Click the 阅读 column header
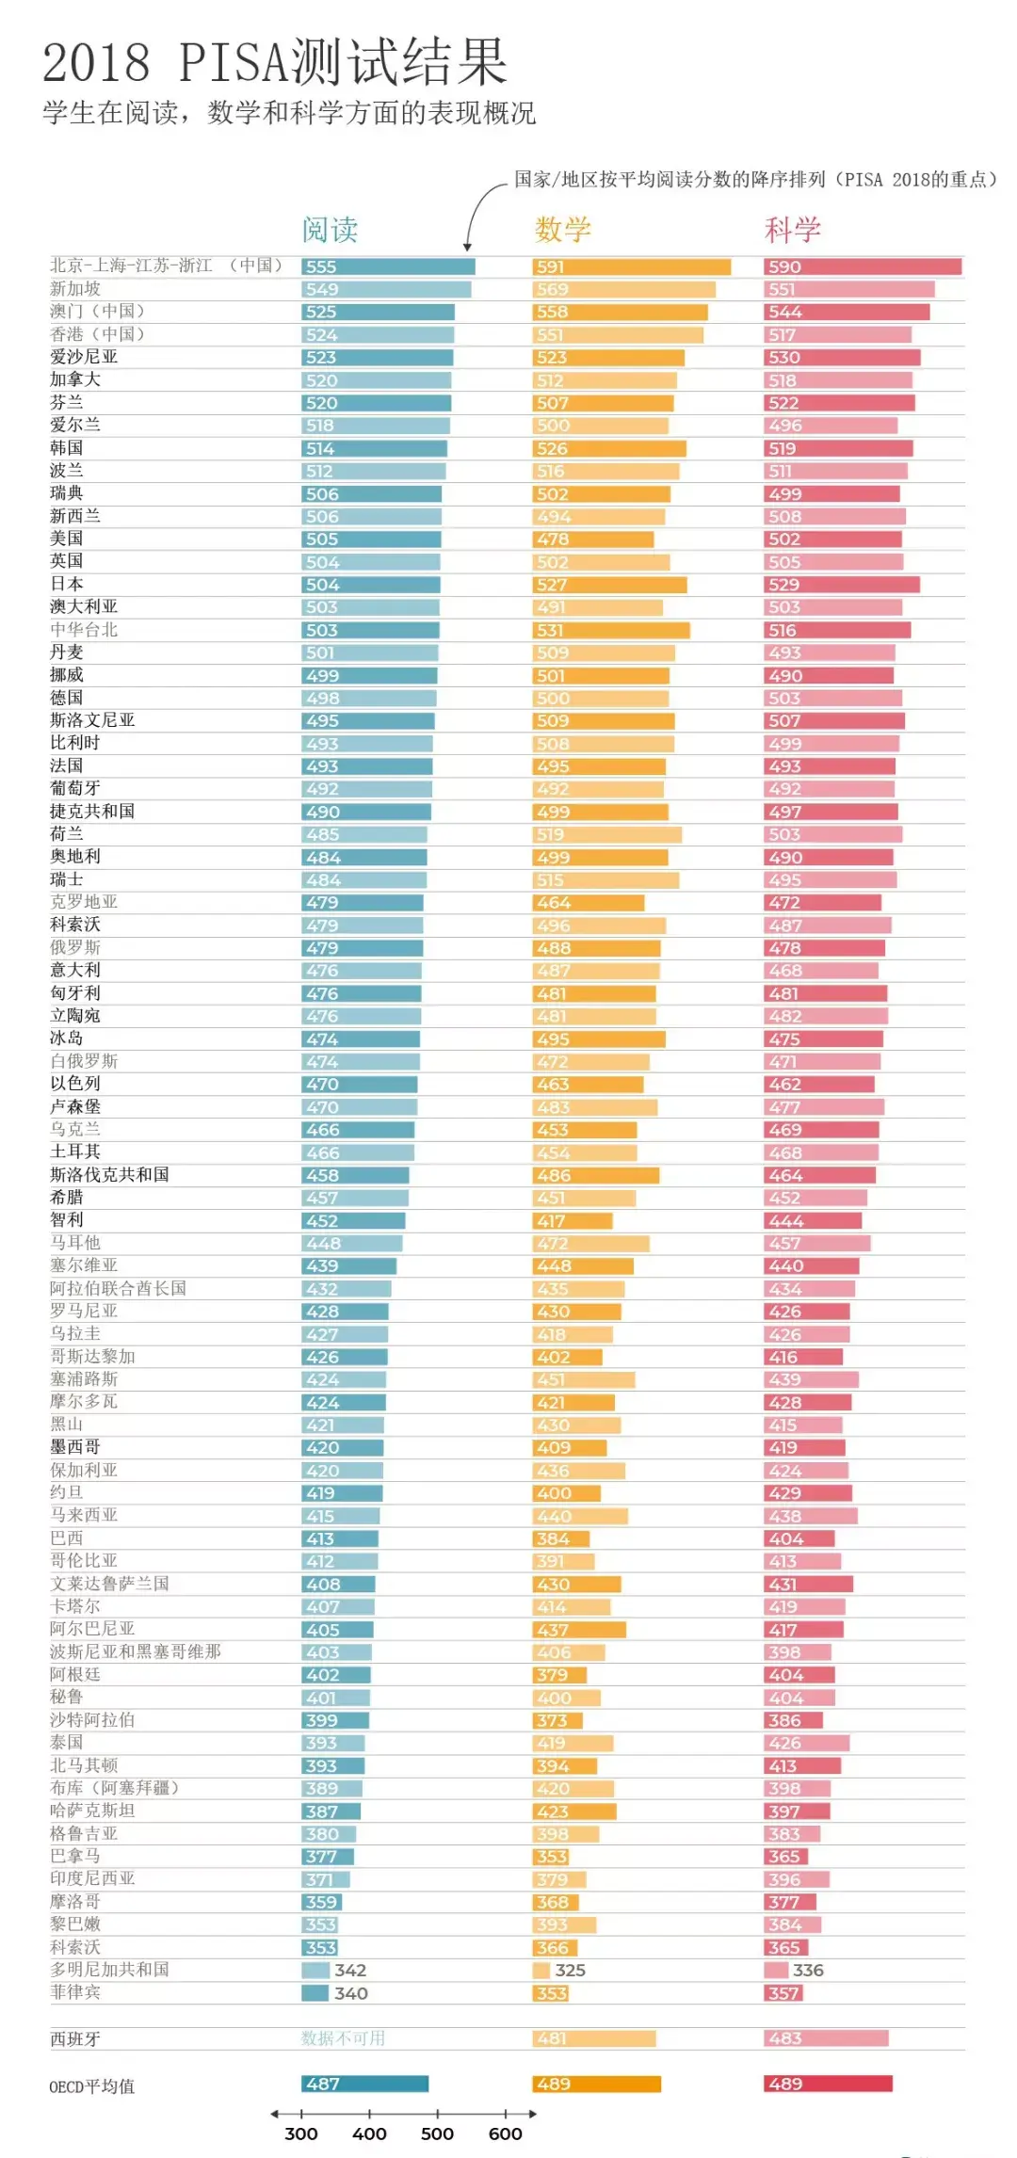330,230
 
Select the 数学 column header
562,230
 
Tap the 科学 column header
792,230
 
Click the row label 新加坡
75,289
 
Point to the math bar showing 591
631,266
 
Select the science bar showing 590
863,266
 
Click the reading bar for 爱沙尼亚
377,358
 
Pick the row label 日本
66,584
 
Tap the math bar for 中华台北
610,630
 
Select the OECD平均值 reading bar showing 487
364,2084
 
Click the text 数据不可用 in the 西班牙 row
343,2038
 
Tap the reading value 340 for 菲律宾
350,1993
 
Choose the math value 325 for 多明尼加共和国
570,1970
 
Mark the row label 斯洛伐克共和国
109,1174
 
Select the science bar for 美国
832,539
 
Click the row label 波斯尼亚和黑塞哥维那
136,1651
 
